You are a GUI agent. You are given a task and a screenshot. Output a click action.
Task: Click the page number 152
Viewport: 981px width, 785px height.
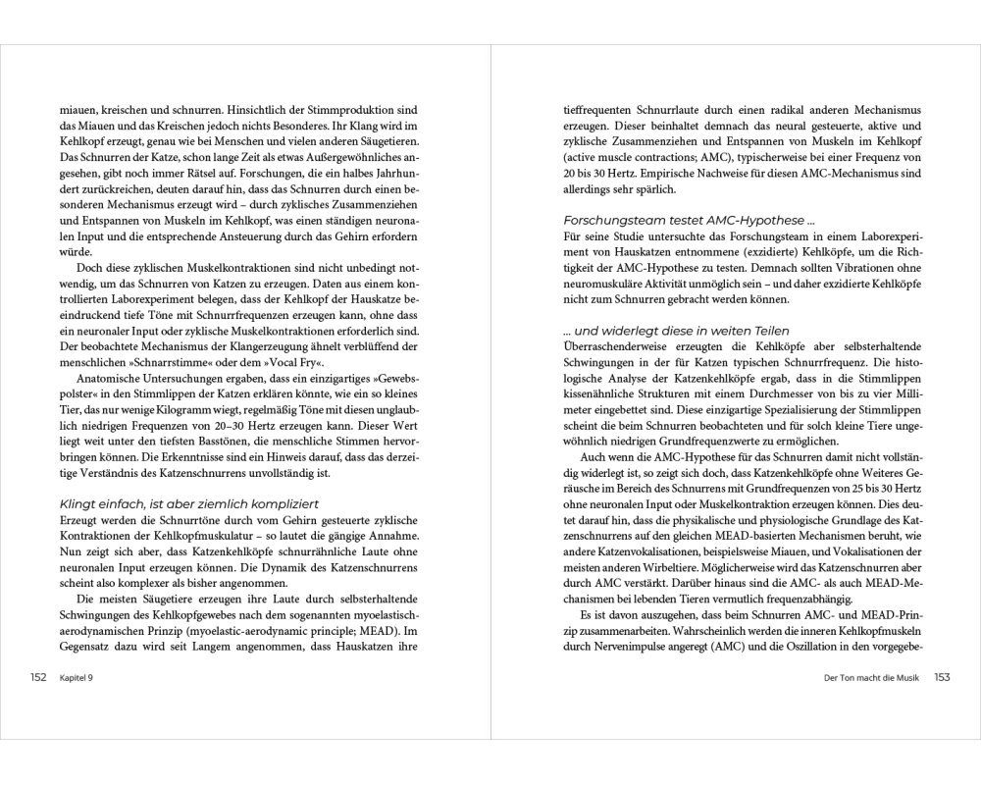click(x=38, y=677)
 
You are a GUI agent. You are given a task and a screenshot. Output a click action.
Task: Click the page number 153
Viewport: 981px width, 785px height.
click(x=942, y=677)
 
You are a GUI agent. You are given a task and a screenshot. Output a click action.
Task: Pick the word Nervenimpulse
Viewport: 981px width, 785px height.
click(x=704, y=648)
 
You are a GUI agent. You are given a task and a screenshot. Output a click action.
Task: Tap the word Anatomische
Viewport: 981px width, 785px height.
click(x=116, y=378)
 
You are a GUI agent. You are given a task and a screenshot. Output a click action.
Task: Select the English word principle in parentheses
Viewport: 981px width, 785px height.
click(x=331, y=630)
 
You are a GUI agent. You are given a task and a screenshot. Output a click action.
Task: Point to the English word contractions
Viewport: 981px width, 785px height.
click(x=678, y=158)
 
